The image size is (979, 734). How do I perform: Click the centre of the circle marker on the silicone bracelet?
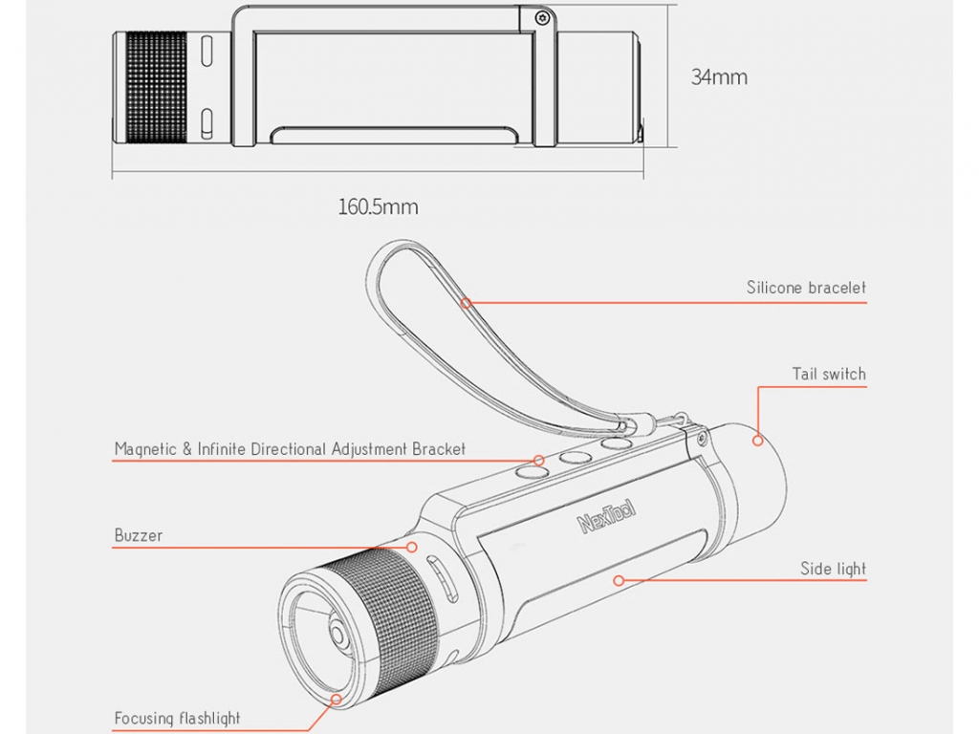click(x=466, y=303)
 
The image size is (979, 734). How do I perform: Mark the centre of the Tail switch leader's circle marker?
click(x=758, y=440)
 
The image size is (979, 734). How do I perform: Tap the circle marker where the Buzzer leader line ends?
click(x=411, y=548)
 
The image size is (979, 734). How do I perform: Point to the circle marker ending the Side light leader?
click(x=619, y=580)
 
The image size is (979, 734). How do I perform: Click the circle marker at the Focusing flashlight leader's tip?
click(x=337, y=699)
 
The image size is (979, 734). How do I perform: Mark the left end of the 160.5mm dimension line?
click(x=113, y=171)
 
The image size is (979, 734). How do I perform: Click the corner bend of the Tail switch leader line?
click(x=758, y=387)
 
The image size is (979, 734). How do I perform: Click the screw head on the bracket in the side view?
click(x=542, y=19)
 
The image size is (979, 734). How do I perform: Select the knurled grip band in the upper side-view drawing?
click(x=156, y=87)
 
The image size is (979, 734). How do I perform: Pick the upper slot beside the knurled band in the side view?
click(x=207, y=52)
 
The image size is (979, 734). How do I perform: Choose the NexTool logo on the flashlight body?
click(x=606, y=516)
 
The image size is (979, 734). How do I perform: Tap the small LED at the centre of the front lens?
click(x=337, y=635)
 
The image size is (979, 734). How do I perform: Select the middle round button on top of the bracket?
click(x=575, y=458)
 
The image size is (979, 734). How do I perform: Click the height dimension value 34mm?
click(x=719, y=77)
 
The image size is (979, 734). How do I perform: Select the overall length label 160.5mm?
click(x=378, y=207)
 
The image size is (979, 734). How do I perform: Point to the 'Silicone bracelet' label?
click(x=806, y=288)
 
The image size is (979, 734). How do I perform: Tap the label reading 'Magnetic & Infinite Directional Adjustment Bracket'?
click(x=290, y=449)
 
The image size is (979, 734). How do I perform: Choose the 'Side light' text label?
click(x=833, y=569)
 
